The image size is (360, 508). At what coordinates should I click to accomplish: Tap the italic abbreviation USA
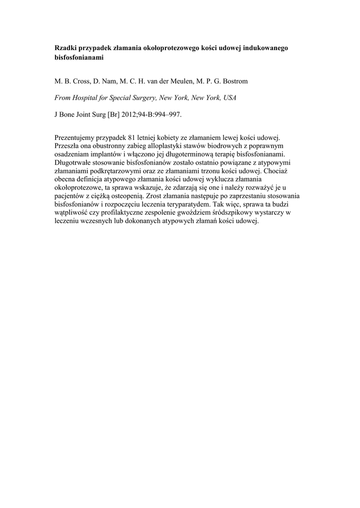(x=229, y=98)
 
